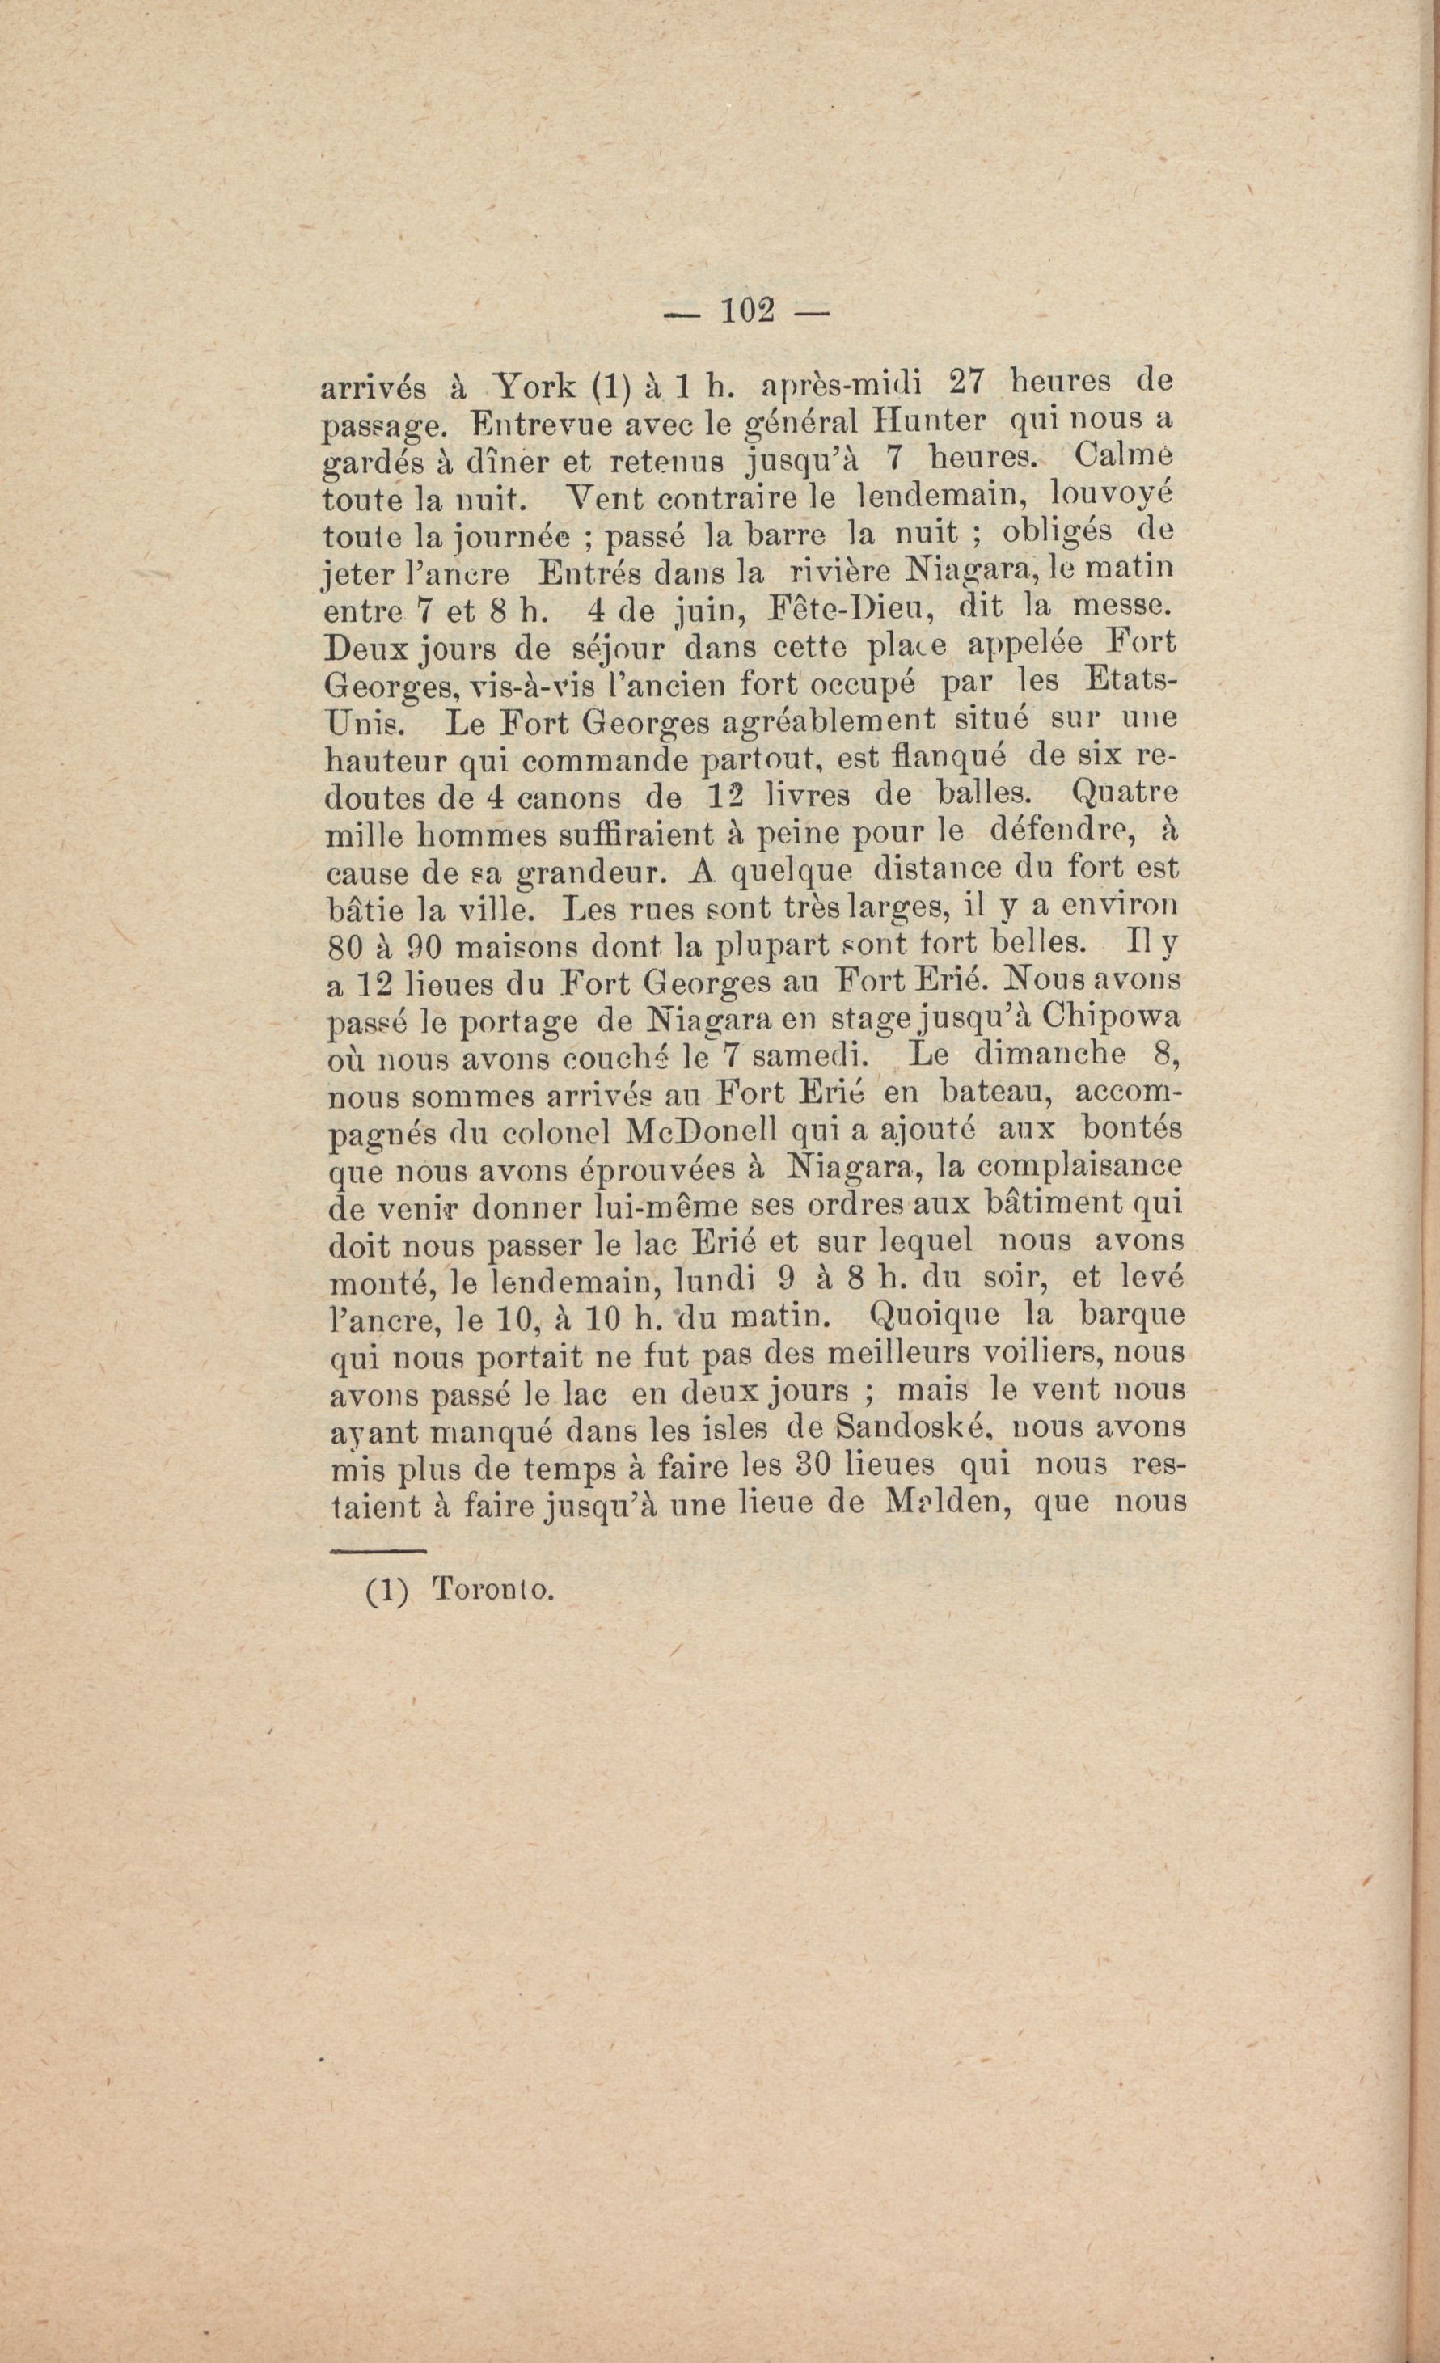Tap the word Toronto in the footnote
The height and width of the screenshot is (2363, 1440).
(x=492, y=1591)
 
